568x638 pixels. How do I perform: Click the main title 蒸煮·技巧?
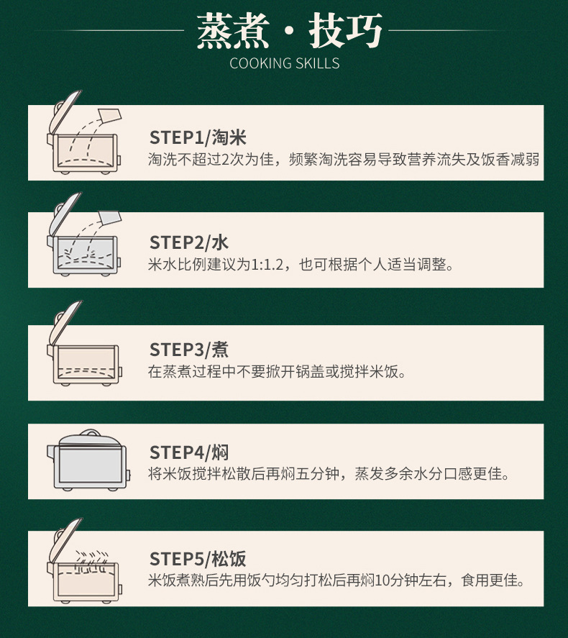[x=289, y=30]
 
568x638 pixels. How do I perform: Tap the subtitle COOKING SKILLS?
[x=284, y=63]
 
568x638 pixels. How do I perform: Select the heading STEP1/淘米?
[x=198, y=137]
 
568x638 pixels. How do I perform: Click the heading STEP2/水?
[x=189, y=242]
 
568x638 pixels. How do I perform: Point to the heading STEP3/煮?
[x=189, y=350]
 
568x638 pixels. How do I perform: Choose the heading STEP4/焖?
[x=189, y=452]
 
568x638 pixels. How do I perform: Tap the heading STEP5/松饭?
[x=198, y=559]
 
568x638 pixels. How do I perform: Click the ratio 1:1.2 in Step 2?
[x=267, y=265]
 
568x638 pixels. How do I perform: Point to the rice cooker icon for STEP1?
[x=85, y=132]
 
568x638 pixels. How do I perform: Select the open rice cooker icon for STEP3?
[x=85, y=343]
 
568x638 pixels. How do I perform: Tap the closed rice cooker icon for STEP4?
[x=88, y=460]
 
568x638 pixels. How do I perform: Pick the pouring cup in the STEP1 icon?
[x=110, y=115]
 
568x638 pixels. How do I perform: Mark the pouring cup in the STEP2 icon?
[x=110, y=217]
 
